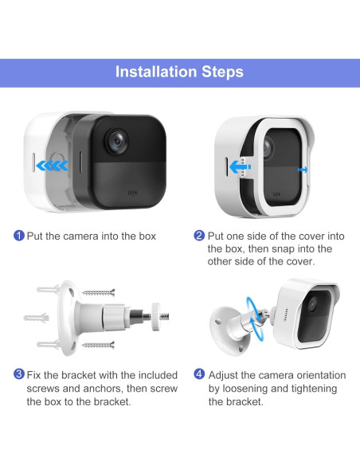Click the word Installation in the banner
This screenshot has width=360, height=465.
tap(156, 72)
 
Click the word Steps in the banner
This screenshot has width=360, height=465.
tap(222, 72)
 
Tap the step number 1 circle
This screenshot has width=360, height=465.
tap(19, 236)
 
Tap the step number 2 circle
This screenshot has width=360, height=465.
tap(199, 236)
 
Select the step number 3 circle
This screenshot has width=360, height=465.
tap(19, 374)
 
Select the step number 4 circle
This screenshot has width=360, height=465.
tap(199, 374)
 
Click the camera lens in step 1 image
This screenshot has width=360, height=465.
tap(117, 141)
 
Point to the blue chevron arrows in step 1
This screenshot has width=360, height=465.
tap(52, 166)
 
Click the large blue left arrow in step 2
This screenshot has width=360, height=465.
tap(241, 167)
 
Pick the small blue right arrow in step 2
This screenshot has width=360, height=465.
tap(303, 170)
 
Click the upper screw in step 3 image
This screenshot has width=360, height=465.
tap(99, 293)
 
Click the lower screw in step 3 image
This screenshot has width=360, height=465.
tap(98, 345)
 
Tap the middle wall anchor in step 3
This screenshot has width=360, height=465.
tap(36, 318)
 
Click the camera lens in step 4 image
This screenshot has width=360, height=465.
tap(312, 305)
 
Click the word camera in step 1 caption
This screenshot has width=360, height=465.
tap(80, 236)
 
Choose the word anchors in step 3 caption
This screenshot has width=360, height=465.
tap(102, 389)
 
